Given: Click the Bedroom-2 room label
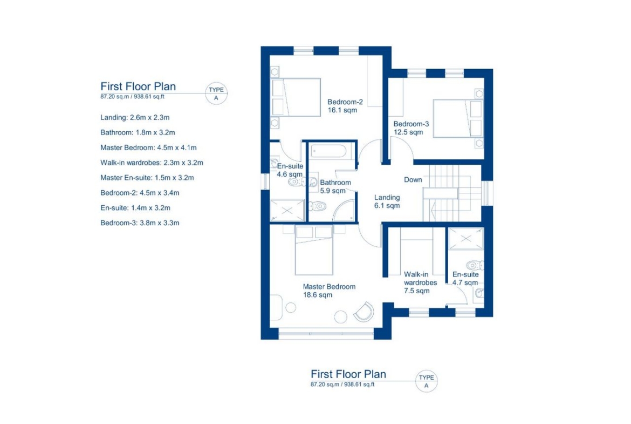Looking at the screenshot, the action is click(345, 102).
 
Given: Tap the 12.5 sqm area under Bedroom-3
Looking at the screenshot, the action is click(408, 132).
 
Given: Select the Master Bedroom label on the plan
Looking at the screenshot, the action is click(329, 287).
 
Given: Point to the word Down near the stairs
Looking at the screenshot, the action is click(413, 180).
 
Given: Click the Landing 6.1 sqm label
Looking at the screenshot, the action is click(387, 201).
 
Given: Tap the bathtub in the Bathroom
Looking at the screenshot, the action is click(329, 152).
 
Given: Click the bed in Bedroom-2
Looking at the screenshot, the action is click(296, 98).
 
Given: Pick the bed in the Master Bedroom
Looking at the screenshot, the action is click(314, 250).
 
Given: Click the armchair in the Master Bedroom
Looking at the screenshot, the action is click(364, 312).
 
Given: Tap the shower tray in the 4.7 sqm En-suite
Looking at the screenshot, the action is click(465, 239).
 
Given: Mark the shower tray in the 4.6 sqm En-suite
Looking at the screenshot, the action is click(287, 211).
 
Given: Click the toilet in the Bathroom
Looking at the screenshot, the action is click(318, 206).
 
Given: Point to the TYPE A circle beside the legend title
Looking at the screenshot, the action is click(216, 93).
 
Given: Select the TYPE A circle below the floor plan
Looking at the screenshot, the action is click(426, 381).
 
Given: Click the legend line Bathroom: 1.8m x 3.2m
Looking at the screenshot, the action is click(138, 132).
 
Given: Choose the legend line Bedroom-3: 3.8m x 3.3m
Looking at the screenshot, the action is click(140, 223).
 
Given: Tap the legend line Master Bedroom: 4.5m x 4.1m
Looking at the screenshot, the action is click(148, 147).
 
